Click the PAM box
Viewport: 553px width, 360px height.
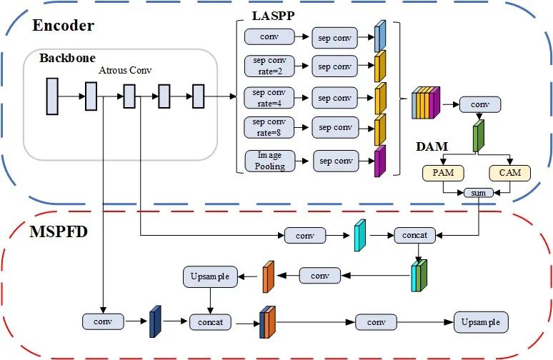point(444,172)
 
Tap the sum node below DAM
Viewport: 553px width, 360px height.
point(477,193)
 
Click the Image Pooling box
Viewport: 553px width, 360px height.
point(265,161)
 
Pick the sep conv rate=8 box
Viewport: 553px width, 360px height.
point(269,128)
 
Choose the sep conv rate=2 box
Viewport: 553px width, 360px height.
point(269,66)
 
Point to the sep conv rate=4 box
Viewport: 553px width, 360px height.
point(269,97)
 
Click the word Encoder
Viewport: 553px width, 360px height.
point(63,26)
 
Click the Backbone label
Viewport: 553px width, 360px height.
point(67,57)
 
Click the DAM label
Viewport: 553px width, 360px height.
point(432,147)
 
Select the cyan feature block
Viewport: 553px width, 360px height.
point(360,234)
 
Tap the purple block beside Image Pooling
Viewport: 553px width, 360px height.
point(379,161)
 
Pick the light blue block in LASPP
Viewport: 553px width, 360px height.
point(379,36)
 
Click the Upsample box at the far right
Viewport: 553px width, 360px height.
point(482,322)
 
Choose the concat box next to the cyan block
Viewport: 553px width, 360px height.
point(414,234)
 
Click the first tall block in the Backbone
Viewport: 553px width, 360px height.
point(51,96)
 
